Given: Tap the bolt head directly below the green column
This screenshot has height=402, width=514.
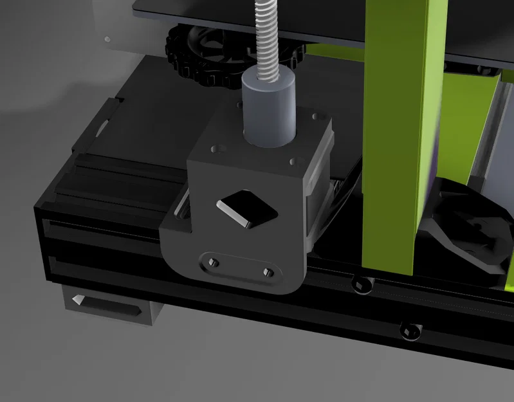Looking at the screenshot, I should click(360, 282).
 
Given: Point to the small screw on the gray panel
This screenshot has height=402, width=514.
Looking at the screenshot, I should click(107, 39).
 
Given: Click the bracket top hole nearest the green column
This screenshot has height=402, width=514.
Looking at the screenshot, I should click(316, 116).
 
